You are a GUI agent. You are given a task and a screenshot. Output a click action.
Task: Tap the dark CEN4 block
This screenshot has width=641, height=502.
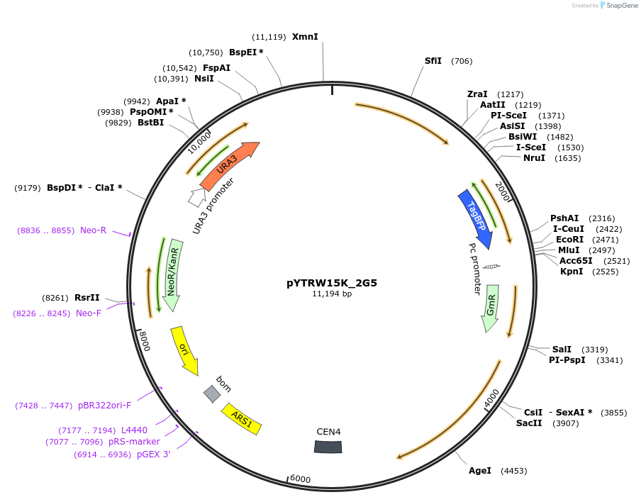(x=328, y=446)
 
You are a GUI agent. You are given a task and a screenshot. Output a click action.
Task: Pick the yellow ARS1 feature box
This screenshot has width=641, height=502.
(x=242, y=419)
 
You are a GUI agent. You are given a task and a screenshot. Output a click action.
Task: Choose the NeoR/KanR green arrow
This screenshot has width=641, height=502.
(x=172, y=273)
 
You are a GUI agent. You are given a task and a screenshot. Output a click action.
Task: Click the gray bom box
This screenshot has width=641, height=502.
(x=211, y=394)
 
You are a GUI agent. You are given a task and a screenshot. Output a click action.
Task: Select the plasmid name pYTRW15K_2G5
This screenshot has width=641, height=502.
(x=332, y=282)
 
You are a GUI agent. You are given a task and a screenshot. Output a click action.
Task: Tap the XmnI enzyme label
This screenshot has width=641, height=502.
(x=305, y=37)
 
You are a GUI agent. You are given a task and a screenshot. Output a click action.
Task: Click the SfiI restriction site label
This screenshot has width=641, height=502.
(x=433, y=61)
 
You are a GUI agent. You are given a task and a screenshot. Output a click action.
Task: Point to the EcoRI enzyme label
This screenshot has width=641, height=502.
(x=569, y=240)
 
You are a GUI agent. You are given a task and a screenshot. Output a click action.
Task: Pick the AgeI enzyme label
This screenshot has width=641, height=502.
(x=480, y=471)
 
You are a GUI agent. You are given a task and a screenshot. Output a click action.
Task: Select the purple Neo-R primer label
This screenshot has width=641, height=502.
(x=93, y=230)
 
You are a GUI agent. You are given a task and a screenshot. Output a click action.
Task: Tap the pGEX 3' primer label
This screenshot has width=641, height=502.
(x=154, y=454)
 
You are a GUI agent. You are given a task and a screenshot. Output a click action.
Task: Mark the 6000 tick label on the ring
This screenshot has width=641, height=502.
(x=300, y=479)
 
